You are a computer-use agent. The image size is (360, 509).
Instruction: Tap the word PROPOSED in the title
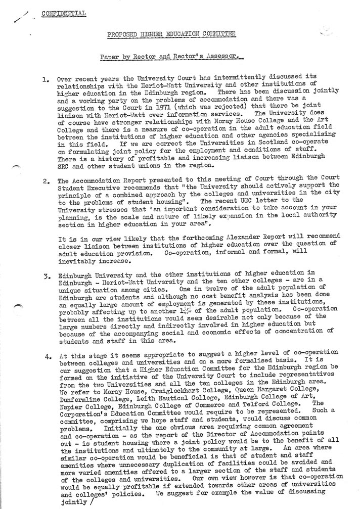click(124, 33)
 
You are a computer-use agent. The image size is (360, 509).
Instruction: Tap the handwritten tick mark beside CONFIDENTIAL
click(21, 16)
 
